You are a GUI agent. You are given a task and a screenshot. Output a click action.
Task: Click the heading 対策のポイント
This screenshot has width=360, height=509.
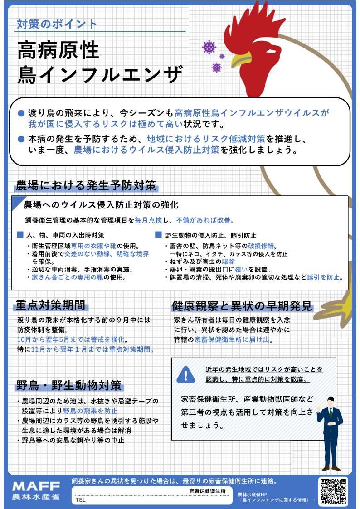pyautogui.click(x=57, y=24)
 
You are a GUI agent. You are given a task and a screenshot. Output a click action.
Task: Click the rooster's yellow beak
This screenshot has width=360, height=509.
pyautogui.click(x=241, y=60)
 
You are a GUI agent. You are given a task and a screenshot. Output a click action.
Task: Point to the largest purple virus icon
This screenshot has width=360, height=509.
pyautogui.click(x=209, y=47)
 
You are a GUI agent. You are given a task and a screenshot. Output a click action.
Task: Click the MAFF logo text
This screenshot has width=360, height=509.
pyautogui.click(x=36, y=486)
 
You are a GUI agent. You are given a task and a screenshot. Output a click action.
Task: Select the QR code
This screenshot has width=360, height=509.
pyautogui.click(x=333, y=491)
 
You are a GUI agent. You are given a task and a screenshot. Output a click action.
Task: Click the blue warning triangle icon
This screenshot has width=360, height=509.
pyautogui.click(x=186, y=374)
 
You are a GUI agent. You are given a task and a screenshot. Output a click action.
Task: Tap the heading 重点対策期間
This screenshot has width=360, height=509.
pyautogui.click(x=50, y=305)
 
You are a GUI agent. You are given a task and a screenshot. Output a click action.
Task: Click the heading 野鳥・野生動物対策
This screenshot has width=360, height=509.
pyautogui.click(x=69, y=385)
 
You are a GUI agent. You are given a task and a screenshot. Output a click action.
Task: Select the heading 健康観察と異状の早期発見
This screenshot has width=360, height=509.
pyautogui.click(x=242, y=306)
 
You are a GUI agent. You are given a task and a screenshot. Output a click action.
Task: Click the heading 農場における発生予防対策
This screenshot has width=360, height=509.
pyautogui.click(x=86, y=186)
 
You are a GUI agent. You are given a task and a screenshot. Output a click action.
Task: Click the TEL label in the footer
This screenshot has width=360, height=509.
pyautogui.click(x=80, y=500)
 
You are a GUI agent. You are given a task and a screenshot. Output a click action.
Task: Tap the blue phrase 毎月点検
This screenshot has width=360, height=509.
pyautogui.click(x=148, y=220)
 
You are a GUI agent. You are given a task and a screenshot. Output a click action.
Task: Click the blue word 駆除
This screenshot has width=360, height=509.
pyautogui.click(x=228, y=262)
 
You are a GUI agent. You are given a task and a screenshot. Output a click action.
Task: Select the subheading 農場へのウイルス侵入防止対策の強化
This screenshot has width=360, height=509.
pyautogui.click(x=101, y=205)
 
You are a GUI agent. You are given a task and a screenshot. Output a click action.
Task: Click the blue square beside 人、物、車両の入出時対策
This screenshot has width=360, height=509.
pyautogui.click(x=20, y=235)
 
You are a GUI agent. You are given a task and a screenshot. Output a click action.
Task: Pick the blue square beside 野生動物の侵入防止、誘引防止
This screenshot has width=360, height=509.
pyautogui.click(x=158, y=235)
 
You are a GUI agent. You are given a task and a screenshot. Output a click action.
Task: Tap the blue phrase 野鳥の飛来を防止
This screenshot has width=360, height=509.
pyautogui.click(x=90, y=411)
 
